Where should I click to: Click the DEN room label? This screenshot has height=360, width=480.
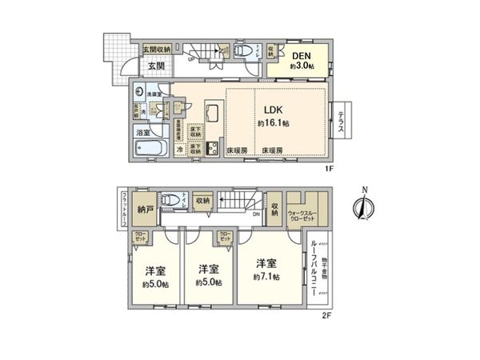301,55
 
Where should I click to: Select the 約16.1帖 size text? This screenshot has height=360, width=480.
272,124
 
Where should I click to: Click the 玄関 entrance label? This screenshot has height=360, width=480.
155,66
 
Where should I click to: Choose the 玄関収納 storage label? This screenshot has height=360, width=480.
157,50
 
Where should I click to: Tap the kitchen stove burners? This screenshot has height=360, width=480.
212,148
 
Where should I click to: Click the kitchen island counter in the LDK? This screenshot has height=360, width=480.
214,111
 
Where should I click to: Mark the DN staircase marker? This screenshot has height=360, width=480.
256,214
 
